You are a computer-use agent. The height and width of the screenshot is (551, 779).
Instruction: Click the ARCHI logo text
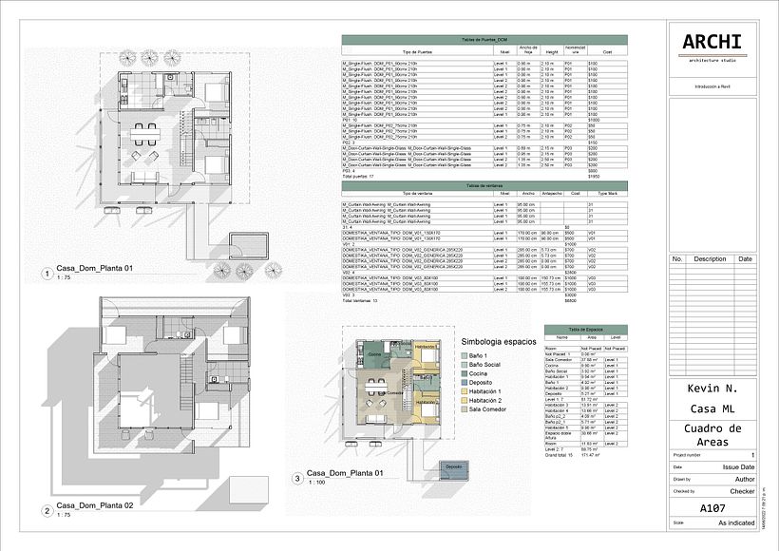(x=711, y=42)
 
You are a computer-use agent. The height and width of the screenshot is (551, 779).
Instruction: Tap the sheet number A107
(x=712, y=508)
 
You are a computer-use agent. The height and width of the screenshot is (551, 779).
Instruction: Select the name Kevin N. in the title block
(x=711, y=389)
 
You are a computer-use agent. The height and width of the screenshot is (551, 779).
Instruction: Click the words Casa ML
(x=712, y=409)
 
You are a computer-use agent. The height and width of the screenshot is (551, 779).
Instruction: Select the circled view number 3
(x=297, y=479)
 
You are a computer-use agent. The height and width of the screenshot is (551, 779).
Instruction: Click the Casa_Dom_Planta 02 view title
(x=93, y=505)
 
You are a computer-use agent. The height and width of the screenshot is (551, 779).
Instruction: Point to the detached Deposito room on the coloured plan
(x=452, y=467)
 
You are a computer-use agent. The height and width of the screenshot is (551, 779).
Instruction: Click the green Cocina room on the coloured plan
(x=373, y=354)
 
